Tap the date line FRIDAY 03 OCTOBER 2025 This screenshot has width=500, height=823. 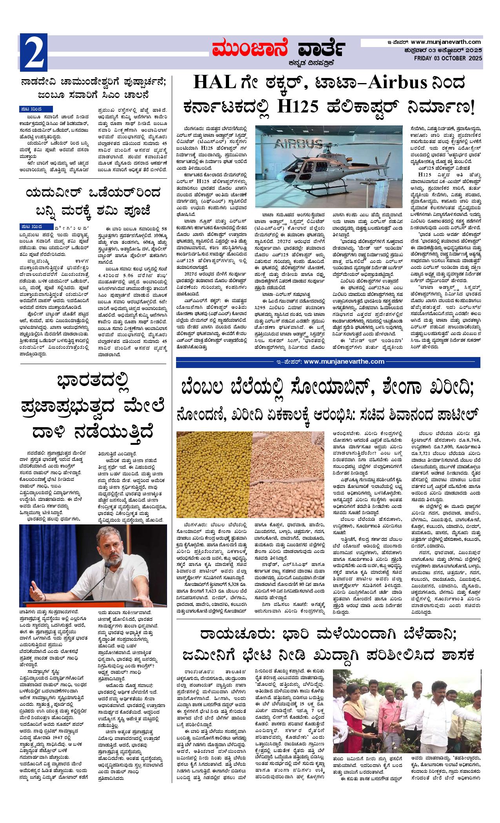(x=448, y=58)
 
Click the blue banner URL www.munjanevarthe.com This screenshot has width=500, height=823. (x=344, y=361)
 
